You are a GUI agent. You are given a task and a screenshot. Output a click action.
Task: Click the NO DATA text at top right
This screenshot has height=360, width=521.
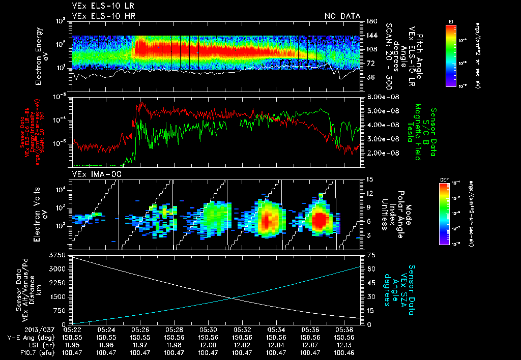(342, 16)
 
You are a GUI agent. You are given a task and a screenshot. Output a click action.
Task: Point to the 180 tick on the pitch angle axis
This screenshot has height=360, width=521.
(370, 21)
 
